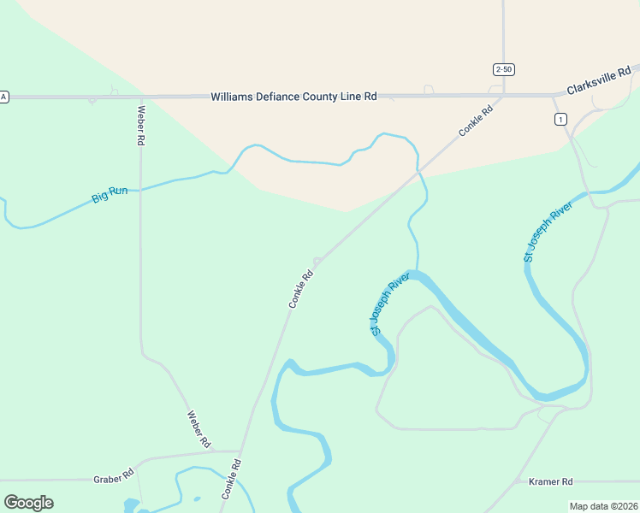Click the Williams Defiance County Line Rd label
pos(293,97)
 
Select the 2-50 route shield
pos(503,68)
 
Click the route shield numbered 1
pos(560,120)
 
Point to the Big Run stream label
pos(110,195)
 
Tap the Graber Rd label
pos(113,475)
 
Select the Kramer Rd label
pos(550,482)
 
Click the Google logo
pos(28,503)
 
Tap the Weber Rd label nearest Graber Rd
pos(199,429)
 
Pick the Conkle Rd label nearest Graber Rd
pos(231,479)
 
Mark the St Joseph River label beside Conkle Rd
pos(390,304)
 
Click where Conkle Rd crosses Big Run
pos(418,172)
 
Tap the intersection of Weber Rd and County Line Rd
pos(140,97)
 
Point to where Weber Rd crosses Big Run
pos(140,190)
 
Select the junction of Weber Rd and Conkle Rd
pos(240,451)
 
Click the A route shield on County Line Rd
pos(3,97)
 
